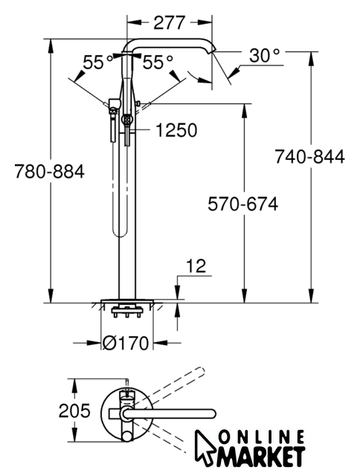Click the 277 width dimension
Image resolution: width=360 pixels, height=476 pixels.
[x=169, y=23]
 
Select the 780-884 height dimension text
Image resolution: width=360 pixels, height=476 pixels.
[x=50, y=172]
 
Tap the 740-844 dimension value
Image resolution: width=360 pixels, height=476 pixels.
[x=309, y=157]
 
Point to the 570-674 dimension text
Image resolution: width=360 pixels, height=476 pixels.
[x=242, y=204]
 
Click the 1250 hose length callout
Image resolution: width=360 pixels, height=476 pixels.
[x=176, y=130]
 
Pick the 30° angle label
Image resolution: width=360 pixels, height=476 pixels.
[x=264, y=55]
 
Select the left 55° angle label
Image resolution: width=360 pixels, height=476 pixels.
[x=98, y=62]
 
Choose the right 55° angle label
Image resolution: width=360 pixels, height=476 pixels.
[x=158, y=62]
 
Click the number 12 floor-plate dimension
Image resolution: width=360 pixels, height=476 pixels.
[x=196, y=266]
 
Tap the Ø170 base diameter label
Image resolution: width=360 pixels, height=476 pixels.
[x=126, y=343]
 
